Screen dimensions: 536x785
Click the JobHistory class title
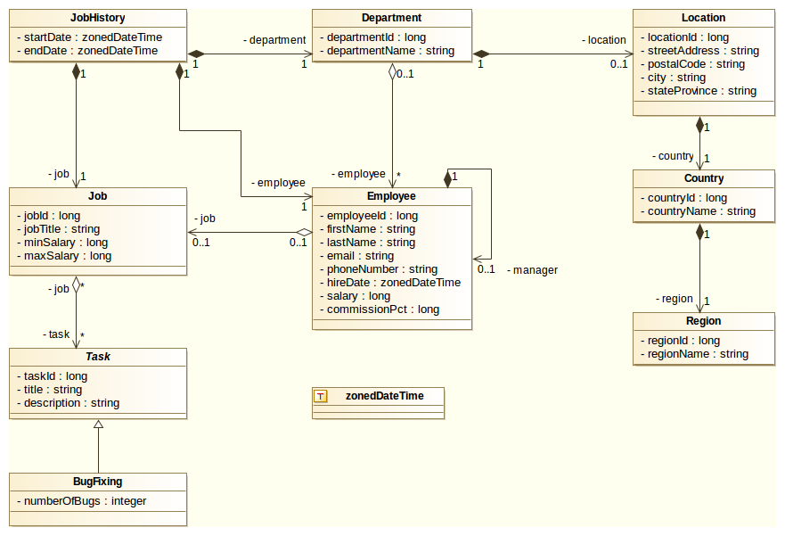pos(97,18)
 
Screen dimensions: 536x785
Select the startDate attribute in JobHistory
pos(89,37)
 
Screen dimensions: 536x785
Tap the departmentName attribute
pos(390,51)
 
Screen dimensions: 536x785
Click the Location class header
pos(703,18)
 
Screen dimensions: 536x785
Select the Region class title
pos(703,321)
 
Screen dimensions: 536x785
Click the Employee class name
pos(391,196)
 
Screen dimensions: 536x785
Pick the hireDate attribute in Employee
pos(393,283)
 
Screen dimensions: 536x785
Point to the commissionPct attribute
pos(382,309)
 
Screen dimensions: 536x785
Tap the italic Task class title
pos(97,357)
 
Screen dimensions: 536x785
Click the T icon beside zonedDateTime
pos(322,396)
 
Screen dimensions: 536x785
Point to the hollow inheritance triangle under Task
pos(98,425)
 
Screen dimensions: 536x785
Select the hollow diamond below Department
pos(392,72)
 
